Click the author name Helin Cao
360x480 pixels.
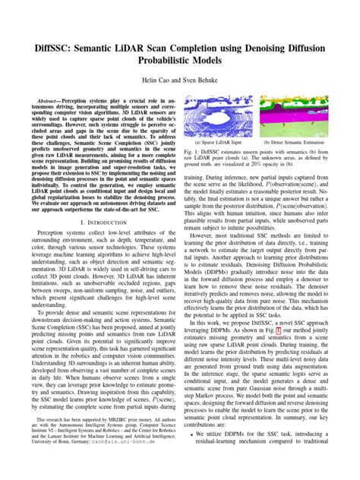click(x=153, y=78)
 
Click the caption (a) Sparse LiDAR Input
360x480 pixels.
click(x=218, y=141)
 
